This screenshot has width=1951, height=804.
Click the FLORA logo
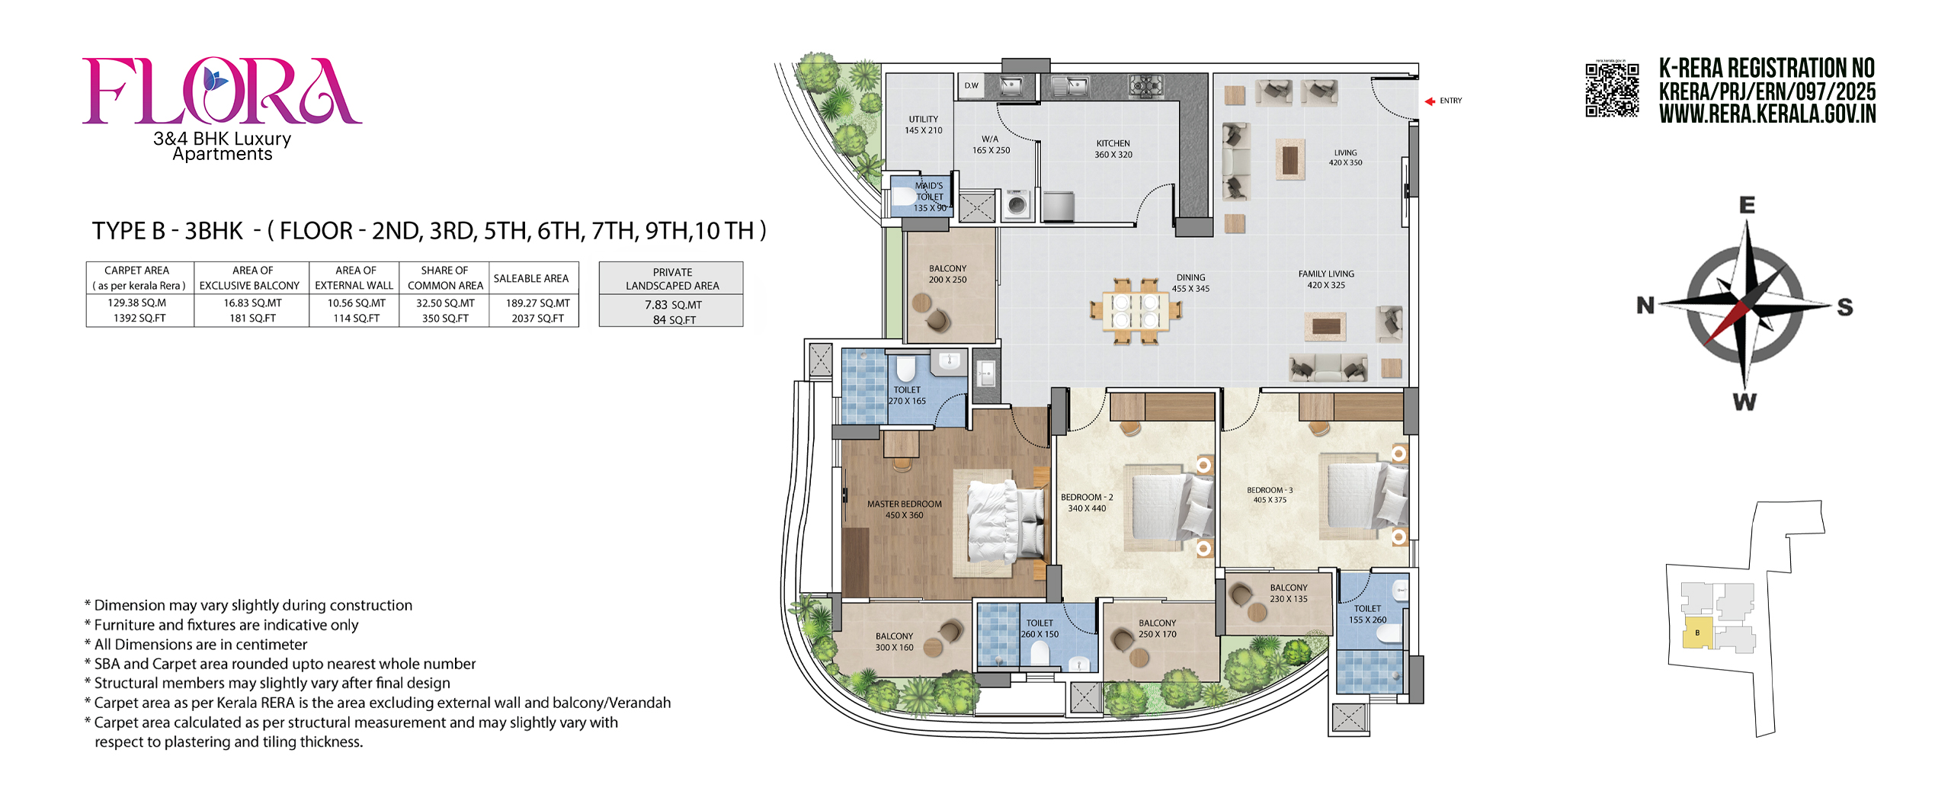pyautogui.click(x=222, y=91)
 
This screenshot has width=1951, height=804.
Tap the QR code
pyautogui.click(x=1612, y=90)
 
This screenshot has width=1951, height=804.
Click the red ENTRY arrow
pyautogui.click(x=1430, y=101)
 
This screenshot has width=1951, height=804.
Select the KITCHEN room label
pyautogui.click(x=1113, y=143)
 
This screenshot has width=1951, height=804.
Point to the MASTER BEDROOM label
pyautogui.click(x=904, y=504)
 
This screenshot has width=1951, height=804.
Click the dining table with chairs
pyautogui.click(x=1136, y=311)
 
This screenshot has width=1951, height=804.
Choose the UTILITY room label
pyautogui.click(x=923, y=119)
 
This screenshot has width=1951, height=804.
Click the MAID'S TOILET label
pyautogui.click(x=929, y=191)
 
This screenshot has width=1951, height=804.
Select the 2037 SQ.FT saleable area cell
pyautogui.click(x=537, y=319)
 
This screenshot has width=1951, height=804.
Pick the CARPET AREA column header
pyautogui.click(x=137, y=271)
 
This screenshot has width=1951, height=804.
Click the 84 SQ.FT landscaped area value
pyautogui.click(x=674, y=320)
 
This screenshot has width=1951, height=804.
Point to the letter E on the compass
pyautogui.click(x=1748, y=205)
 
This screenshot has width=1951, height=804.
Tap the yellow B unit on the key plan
pyautogui.click(x=1697, y=633)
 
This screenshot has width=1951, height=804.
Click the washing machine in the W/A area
pyautogui.click(x=1017, y=204)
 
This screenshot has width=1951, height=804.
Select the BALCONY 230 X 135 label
pyautogui.click(x=1288, y=593)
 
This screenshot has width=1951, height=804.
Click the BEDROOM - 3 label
pyautogui.click(x=1270, y=490)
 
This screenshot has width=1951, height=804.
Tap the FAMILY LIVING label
pyautogui.click(x=1326, y=274)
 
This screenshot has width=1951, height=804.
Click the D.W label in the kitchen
pyautogui.click(x=971, y=85)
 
